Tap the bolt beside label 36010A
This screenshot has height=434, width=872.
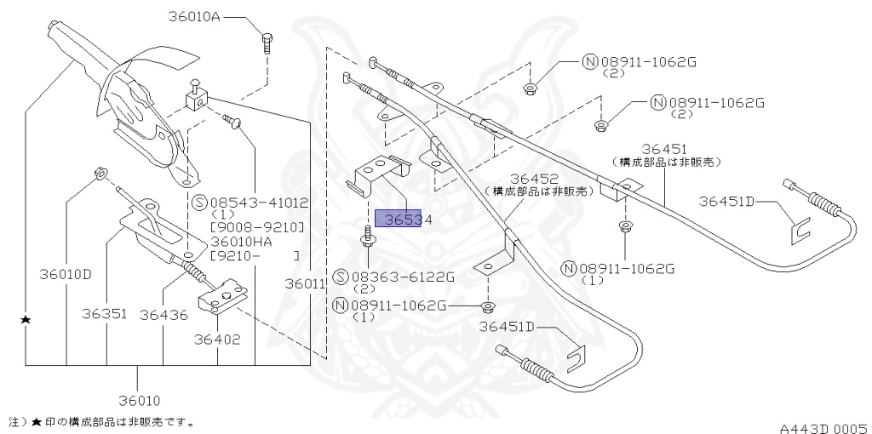[267, 40]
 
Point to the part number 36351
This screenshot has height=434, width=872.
[105, 314]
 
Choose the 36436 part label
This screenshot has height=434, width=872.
[163, 314]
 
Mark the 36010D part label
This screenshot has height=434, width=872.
[65, 274]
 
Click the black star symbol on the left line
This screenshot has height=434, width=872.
[26, 319]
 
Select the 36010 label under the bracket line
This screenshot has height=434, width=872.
[139, 400]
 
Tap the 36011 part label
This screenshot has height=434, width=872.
[305, 283]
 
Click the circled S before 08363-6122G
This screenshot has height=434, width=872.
[341, 277]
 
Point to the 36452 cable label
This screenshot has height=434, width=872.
[533, 179]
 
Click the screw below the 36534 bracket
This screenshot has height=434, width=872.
[368, 236]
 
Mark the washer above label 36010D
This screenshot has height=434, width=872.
[99, 174]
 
